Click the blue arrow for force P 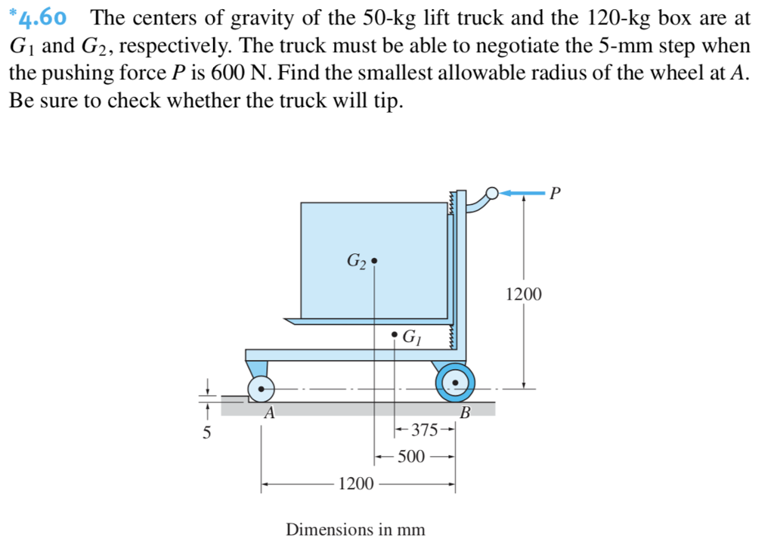click(x=522, y=194)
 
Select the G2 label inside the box click(x=356, y=262)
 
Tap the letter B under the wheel click(x=465, y=413)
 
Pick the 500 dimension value click(x=412, y=457)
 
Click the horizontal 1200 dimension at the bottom click(x=355, y=483)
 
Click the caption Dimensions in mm click(x=354, y=529)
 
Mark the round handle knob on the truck click(x=492, y=194)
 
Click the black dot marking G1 click(x=395, y=333)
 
